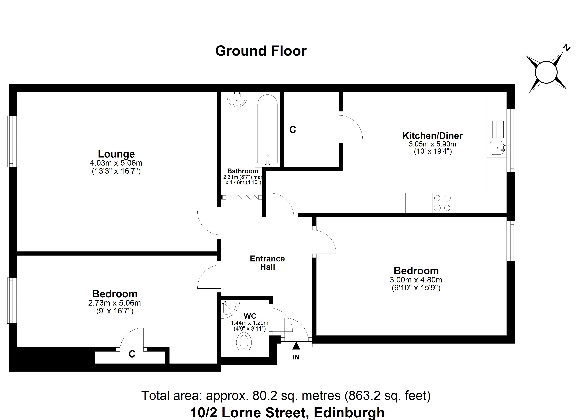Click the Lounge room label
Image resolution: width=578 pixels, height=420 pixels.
[x=116, y=154]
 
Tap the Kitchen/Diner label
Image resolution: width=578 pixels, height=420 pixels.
[x=432, y=136]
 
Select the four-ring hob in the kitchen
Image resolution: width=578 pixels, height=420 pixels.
[x=442, y=203]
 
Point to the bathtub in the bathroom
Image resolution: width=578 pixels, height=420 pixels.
[x=267, y=130]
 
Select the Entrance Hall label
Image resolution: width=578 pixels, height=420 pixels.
[x=267, y=263]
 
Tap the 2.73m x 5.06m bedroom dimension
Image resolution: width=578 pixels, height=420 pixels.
[x=114, y=303]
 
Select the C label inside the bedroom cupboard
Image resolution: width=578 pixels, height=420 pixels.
[x=132, y=354]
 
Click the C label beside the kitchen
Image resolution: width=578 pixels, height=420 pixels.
[x=293, y=130]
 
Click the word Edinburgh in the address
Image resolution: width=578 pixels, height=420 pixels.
[x=349, y=413]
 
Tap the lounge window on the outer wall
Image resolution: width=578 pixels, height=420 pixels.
[x=12, y=141]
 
